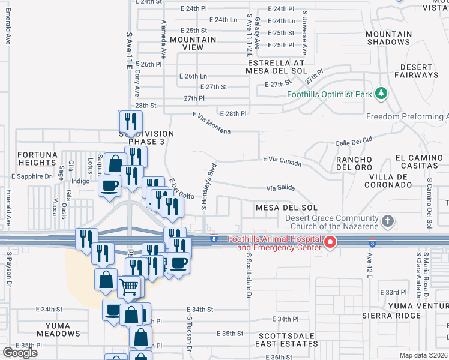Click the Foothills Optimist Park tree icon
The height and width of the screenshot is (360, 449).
click(380, 94)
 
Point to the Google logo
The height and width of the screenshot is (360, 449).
click(20, 353)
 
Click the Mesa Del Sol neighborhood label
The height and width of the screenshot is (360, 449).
click(286, 208)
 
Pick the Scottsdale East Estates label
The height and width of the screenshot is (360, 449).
click(288, 340)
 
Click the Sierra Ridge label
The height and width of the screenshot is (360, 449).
click(391, 315)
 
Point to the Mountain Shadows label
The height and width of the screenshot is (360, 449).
click(388, 38)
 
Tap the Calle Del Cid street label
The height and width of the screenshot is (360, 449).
click(354, 142)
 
